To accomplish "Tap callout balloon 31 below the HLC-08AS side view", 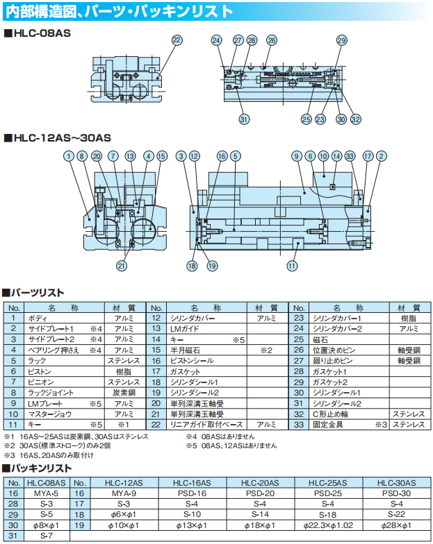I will coord(244,119).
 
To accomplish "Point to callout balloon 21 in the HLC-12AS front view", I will coord(122,265).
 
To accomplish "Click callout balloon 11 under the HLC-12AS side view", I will coord(293,265).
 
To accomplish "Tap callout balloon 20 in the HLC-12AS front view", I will coord(97,156).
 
